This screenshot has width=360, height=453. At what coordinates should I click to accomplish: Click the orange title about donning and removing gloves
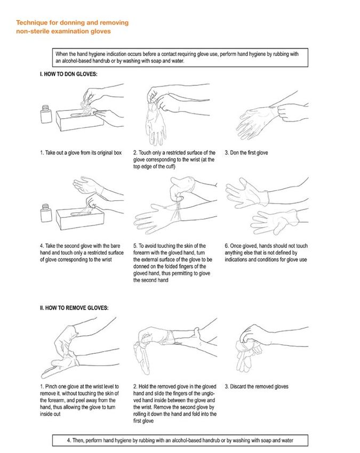(x=73, y=27)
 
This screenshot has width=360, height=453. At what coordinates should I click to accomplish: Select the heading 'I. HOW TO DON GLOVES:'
(x=68, y=74)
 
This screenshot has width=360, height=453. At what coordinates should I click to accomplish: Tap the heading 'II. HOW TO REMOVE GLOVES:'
(x=74, y=308)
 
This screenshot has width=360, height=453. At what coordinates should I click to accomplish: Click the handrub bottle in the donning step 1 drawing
(x=46, y=114)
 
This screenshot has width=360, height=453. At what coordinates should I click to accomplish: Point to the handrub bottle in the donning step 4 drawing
(x=46, y=213)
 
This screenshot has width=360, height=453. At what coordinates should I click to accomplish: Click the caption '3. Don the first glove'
(x=246, y=152)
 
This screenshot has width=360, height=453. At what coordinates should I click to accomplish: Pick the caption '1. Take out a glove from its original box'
(x=81, y=152)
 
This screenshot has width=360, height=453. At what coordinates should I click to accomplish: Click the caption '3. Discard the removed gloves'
(x=257, y=386)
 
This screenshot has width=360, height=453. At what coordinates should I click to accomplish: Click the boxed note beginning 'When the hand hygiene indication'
(x=180, y=58)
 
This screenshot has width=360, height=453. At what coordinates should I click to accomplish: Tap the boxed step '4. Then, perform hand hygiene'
(x=180, y=440)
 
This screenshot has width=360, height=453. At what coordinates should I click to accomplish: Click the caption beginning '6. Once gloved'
(x=266, y=253)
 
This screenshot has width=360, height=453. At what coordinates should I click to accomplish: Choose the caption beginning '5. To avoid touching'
(x=173, y=263)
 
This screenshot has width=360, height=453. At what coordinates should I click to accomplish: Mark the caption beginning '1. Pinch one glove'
(x=79, y=400)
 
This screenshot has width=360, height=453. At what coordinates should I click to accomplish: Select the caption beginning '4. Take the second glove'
(x=82, y=253)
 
